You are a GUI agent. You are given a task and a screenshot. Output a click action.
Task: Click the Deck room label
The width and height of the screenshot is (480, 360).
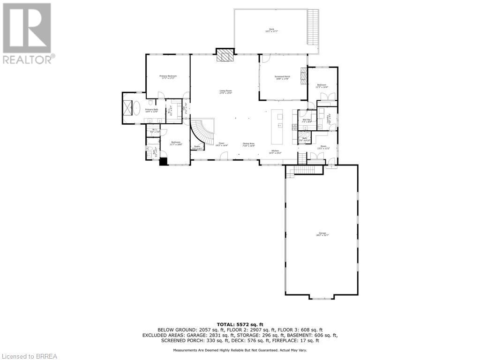pyautogui.click(x=271, y=30)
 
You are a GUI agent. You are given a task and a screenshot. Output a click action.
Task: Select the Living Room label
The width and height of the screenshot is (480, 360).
pyautogui.click(x=226, y=92)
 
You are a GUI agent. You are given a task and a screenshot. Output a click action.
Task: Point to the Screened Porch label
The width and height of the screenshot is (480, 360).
pyautogui.click(x=282, y=78)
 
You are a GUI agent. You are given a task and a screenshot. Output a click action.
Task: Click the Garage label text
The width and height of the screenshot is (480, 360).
pyautogui.click(x=322, y=234)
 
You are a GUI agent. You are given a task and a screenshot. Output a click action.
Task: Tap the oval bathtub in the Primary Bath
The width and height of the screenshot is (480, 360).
pyautogui.click(x=137, y=109)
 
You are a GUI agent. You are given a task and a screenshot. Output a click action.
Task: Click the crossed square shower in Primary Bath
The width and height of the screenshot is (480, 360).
pyautogui.click(x=127, y=108)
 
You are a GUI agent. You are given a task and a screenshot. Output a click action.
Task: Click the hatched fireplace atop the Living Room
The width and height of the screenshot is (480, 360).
pyautogui.click(x=225, y=55)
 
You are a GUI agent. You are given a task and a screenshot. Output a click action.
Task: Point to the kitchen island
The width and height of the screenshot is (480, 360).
pyautogui.click(x=280, y=127)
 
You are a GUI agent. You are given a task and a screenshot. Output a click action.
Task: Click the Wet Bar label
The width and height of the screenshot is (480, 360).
pyautogui.click(x=307, y=120)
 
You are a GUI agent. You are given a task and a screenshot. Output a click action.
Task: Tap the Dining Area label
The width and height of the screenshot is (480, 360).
pyautogui.click(x=248, y=144)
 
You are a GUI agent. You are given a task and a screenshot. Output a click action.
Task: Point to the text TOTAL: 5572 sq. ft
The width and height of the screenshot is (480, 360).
pyautogui.click(x=240, y=324)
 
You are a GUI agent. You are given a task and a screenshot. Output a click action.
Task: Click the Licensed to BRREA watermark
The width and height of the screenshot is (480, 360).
pyautogui.click(x=29, y=356)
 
